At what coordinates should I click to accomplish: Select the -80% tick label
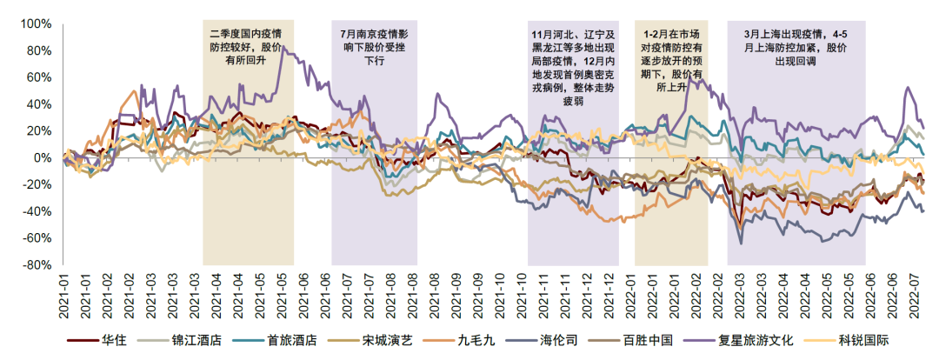[38, 265]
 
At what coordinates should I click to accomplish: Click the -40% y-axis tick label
[38, 212]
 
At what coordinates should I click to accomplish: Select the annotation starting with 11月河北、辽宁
[573, 68]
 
